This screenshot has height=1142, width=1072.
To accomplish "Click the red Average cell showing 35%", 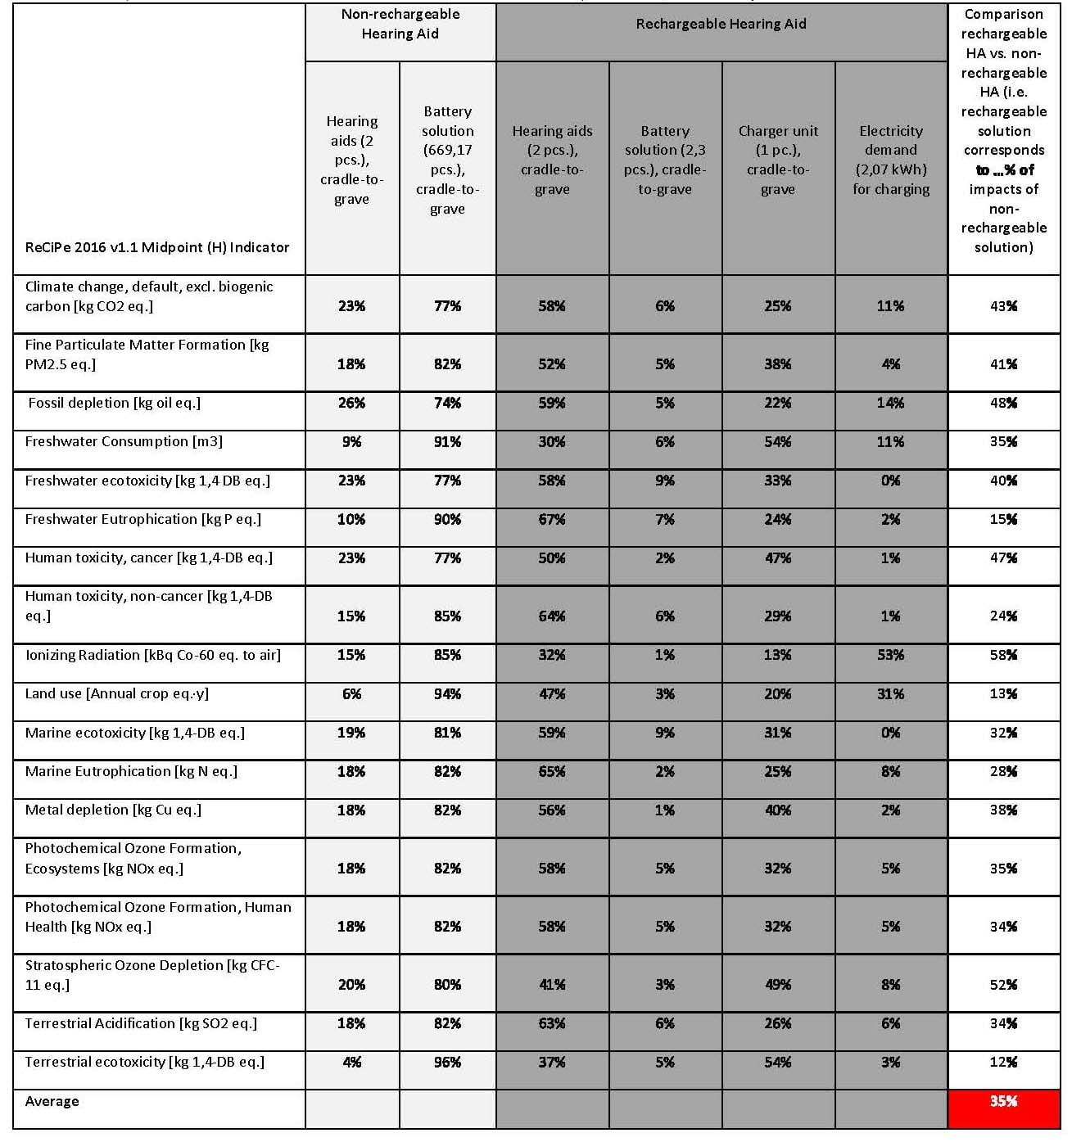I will pyautogui.click(x=1003, y=1102).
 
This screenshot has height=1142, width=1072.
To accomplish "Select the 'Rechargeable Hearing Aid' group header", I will pyautogui.click(x=721, y=25).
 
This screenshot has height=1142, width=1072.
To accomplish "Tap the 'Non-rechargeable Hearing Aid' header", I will pyautogui.click(x=400, y=25).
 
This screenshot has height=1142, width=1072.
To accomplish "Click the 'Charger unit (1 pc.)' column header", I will pyautogui.click(x=778, y=160).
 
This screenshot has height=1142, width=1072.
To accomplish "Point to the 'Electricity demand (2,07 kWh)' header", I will pyautogui.click(x=891, y=160).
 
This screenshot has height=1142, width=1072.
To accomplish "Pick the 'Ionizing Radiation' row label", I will pyautogui.click(x=152, y=655).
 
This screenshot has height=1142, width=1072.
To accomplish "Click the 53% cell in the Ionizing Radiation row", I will pyautogui.click(x=891, y=655).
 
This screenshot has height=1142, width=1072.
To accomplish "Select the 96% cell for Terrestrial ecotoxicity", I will pyautogui.click(x=447, y=1063).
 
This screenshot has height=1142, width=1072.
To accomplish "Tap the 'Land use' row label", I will pyautogui.click(x=116, y=693).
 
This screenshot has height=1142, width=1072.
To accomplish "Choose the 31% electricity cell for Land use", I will pyautogui.click(x=891, y=694).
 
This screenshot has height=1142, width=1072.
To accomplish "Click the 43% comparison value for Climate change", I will pyautogui.click(x=1003, y=306).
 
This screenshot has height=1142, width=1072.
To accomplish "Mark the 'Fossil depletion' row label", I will pyautogui.click(x=114, y=403).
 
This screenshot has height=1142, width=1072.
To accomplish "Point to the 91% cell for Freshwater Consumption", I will pyautogui.click(x=447, y=442).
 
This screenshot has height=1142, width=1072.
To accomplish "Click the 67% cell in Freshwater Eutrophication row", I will pyautogui.click(x=552, y=520).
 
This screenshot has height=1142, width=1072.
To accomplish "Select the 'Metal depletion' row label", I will pyautogui.click(x=113, y=810).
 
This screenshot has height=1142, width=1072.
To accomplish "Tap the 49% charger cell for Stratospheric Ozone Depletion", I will pyautogui.click(x=778, y=985).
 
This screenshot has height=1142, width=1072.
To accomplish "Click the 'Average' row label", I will pyautogui.click(x=52, y=1102).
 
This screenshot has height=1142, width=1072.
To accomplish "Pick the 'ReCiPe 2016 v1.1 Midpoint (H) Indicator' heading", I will pyautogui.click(x=157, y=247).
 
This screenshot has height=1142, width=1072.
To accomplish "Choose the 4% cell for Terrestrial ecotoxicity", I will pyautogui.click(x=351, y=1063).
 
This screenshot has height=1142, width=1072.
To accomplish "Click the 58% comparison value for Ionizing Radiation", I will pyautogui.click(x=1003, y=655).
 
